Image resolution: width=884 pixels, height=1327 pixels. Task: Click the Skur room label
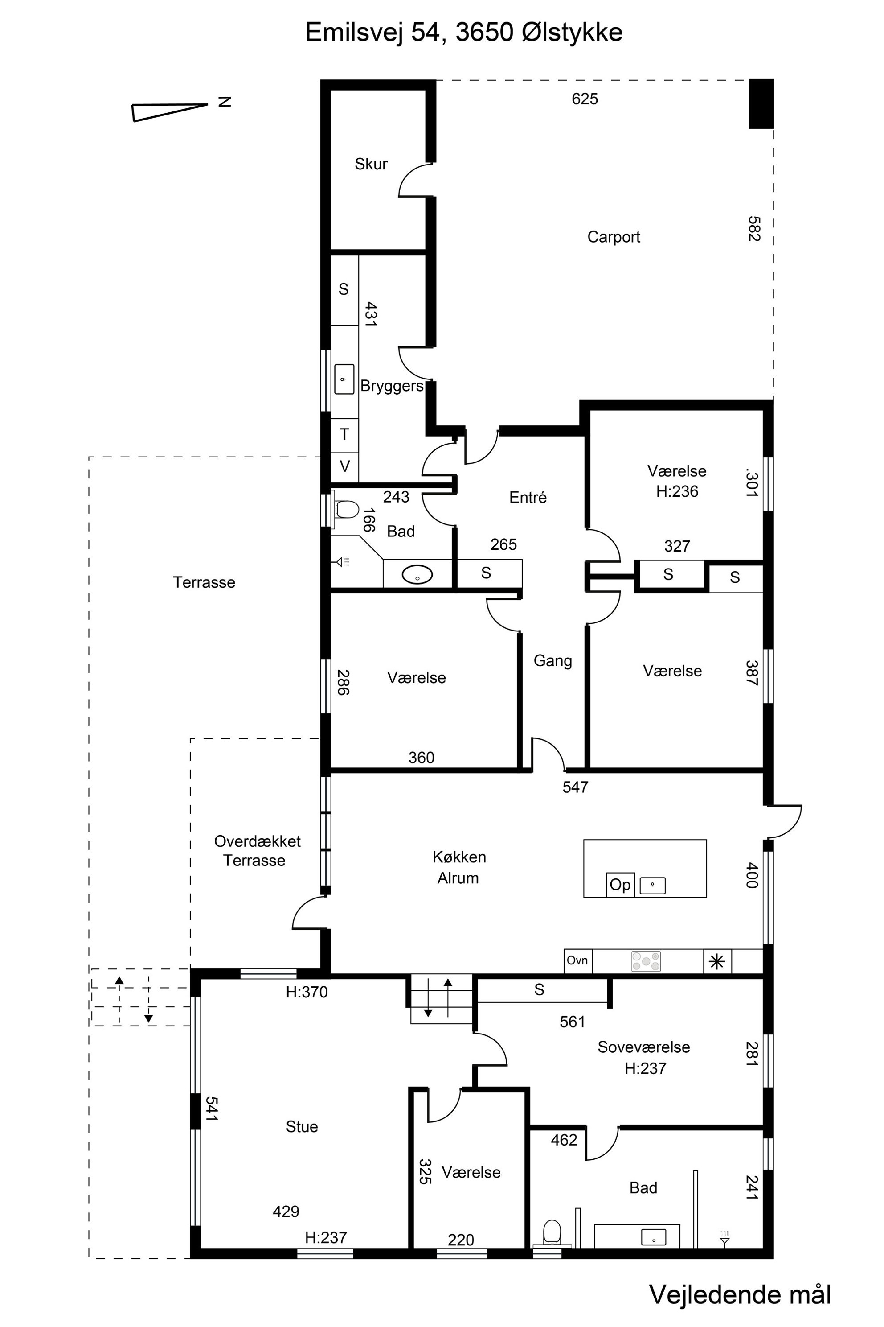click(x=371, y=164)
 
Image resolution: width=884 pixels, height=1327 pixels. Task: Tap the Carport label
click(x=614, y=237)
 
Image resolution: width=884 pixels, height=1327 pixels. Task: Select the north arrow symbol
click(x=170, y=112)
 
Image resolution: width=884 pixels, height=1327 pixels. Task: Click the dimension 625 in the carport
click(x=585, y=99)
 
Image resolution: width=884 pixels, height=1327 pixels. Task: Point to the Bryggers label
click(x=392, y=386)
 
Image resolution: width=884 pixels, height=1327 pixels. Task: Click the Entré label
click(x=528, y=497)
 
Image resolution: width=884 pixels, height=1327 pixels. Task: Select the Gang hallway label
click(x=552, y=661)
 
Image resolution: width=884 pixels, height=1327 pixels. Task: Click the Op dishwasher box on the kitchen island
click(x=620, y=885)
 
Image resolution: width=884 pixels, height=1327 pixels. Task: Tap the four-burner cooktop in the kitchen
click(x=646, y=961)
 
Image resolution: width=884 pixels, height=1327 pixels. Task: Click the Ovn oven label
click(x=577, y=960)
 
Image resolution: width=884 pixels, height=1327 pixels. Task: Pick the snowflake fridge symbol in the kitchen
click(x=717, y=961)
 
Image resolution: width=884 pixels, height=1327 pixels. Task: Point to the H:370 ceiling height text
click(x=307, y=992)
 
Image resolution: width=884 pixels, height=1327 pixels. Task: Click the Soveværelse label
click(x=644, y=1047)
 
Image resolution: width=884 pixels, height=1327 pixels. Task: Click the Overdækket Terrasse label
click(x=257, y=851)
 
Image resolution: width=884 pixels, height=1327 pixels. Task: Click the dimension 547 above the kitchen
click(x=575, y=787)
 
